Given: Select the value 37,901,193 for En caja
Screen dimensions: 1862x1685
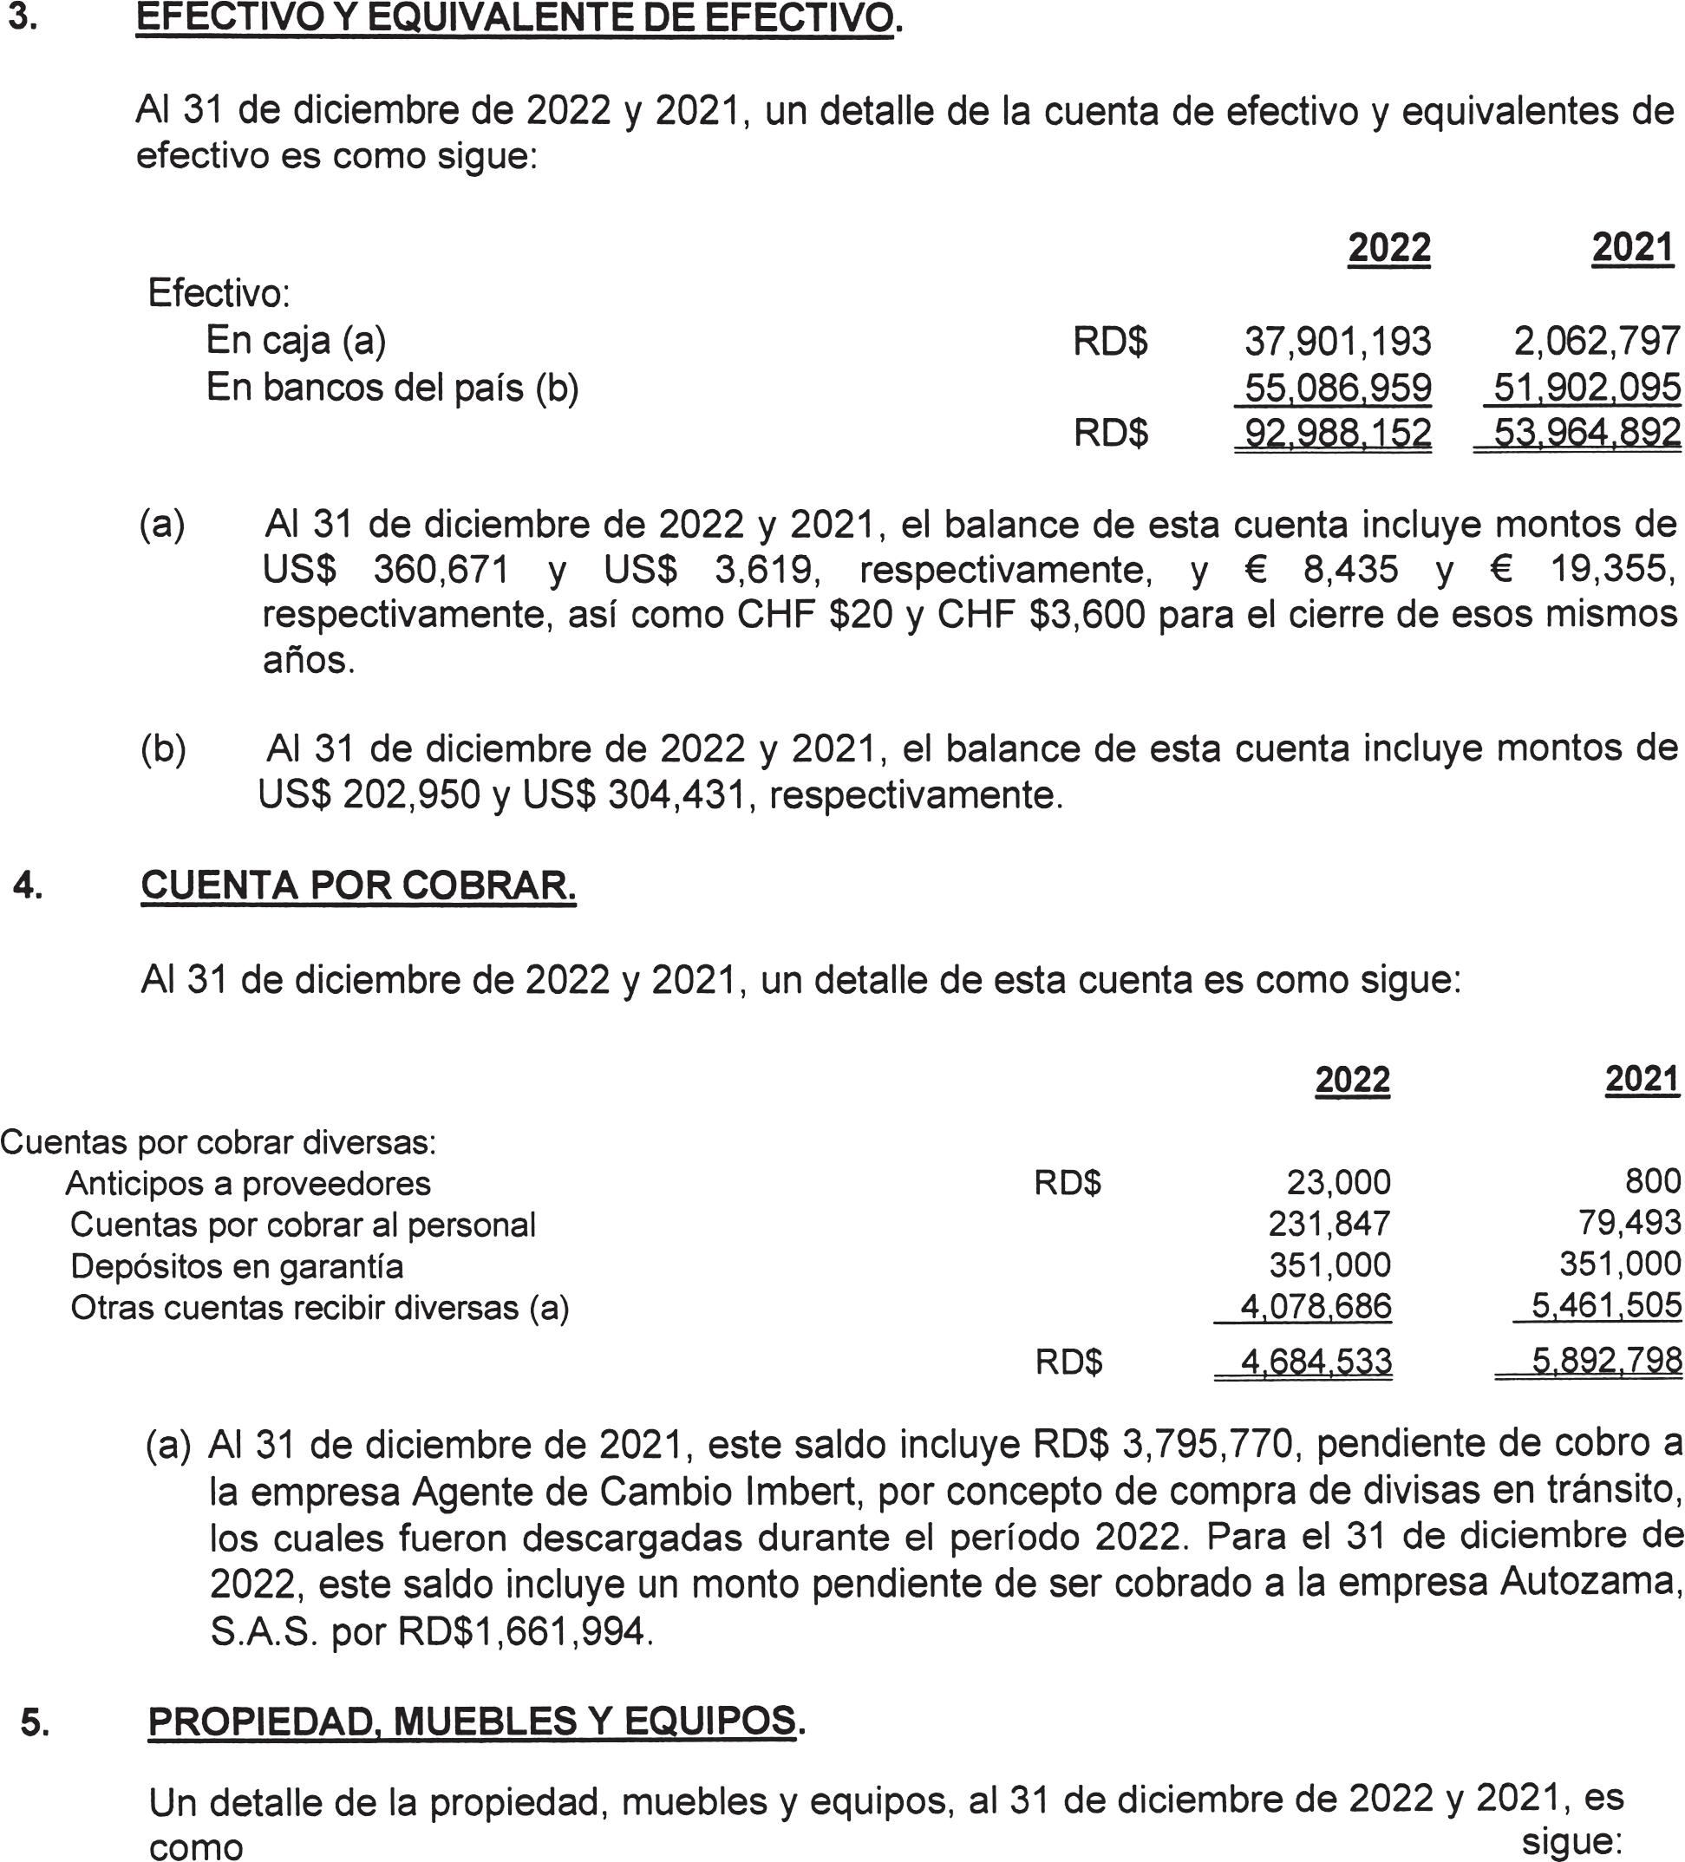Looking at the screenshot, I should [x=1336, y=342].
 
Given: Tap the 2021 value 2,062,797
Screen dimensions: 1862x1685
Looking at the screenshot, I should [x=1596, y=342].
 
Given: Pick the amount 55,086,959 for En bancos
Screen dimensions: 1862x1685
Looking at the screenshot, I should [x=1336, y=388].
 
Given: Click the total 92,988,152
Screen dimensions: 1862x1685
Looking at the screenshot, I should [x=1336, y=433].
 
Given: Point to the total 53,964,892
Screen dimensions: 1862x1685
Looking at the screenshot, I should [x=1586, y=433].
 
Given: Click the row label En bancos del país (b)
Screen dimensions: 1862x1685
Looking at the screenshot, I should [x=392, y=388].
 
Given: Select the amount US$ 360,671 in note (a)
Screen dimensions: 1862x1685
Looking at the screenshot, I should [x=385, y=570].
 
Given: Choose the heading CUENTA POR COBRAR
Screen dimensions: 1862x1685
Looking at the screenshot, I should [x=358, y=885].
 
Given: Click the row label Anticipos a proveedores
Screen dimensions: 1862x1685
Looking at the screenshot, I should [x=247, y=1183].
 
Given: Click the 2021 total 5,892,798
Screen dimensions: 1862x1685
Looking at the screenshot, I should [x=1605, y=1361].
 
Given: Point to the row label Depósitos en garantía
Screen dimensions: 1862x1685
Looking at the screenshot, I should [x=237, y=1265].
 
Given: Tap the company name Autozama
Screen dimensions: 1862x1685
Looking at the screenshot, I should [x=1586, y=1581].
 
